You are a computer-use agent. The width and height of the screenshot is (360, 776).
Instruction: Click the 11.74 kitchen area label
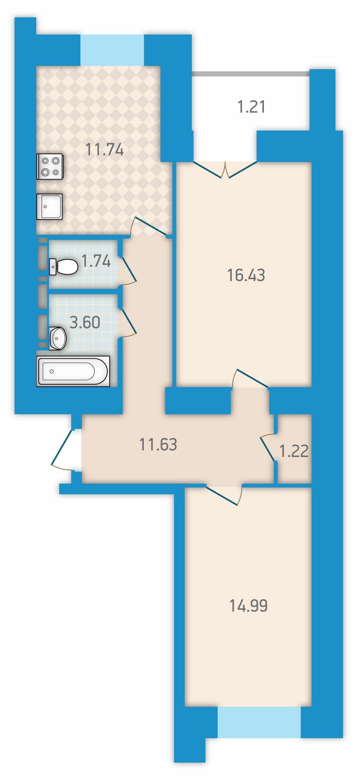click(105, 149)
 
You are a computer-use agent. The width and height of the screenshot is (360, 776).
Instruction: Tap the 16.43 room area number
click(246, 275)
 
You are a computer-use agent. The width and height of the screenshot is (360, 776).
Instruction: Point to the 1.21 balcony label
click(252, 107)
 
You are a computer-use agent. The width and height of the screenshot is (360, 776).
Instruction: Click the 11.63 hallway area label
click(158, 444)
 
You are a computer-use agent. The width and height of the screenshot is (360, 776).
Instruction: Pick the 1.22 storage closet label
click(294, 451)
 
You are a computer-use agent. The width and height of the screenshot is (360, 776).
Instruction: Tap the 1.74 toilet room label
click(96, 261)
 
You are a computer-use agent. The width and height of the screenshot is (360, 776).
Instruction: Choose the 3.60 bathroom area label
click(85, 322)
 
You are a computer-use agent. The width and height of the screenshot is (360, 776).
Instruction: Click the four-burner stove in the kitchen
click(50, 166)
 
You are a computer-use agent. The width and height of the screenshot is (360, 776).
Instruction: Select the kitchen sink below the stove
click(49, 206)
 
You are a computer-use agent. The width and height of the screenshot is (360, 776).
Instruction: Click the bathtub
click(73, 371)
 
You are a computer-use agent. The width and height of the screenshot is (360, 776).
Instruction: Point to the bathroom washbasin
click(57, 338)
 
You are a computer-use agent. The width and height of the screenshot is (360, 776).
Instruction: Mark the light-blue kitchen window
click(112, 50)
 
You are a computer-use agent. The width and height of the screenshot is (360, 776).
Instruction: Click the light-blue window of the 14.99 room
click(259, 722)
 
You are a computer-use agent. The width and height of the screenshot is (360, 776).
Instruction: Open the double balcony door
click(225, 170)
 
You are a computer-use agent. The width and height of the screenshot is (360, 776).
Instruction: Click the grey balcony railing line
click(251, 74)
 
